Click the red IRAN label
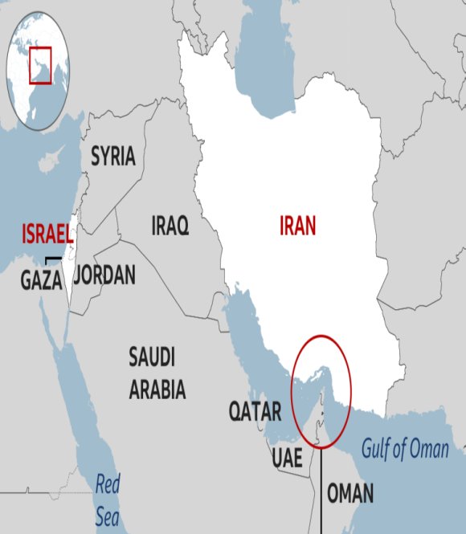tap(297, 226)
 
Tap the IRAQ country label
tap(170, 226)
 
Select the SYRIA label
tap(112, 156)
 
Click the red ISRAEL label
tap(47, 234)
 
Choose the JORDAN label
tap(104, 275)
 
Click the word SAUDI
tap(152, 357)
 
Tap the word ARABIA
tap(157, 390)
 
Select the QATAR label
tap(255, 412)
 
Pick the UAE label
tap(287, 458)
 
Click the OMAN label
tap(350, 492)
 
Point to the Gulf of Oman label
tap(405, 449)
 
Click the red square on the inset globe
tap(40, 65)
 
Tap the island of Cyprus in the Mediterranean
tap(50, 165)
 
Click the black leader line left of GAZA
tap(52, 259)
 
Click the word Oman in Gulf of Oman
tap(429, 449)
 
